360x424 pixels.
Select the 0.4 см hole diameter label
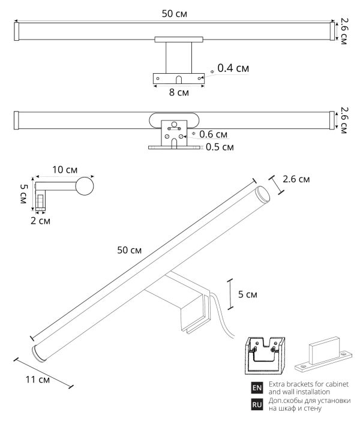click(x=233, y=68)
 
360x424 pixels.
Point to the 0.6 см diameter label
click(x=214, y=134)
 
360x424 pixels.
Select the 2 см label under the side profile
click(x=41, y=221)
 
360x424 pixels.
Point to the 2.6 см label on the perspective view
click(x=296, y=179)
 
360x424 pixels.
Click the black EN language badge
click(x=257, y=388)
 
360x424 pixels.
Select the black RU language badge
click(x=257, y=405)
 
